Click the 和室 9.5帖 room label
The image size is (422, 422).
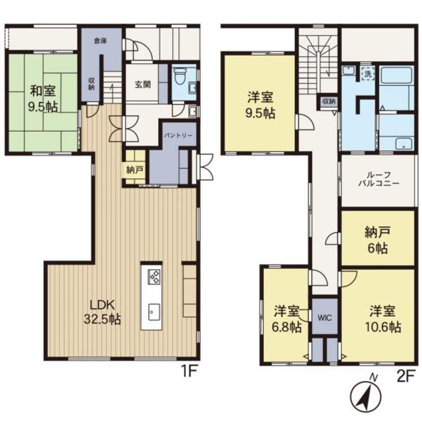tap(43, 99)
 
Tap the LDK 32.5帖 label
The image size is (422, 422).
tap(102, 312)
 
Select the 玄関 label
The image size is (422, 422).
tap(143, 85)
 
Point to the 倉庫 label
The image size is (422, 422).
tap(100, 41)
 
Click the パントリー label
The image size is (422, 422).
tap(178, 136)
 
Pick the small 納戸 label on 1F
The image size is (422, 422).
tap(134, 170)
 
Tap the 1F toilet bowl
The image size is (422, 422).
tap(179, 75)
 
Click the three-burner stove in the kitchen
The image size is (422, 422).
tap(154, 276)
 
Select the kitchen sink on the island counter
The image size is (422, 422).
tap(154, 312)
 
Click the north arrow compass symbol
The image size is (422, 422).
tap(366, 395)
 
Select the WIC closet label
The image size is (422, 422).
tap(325, 318)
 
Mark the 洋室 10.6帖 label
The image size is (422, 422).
tap(383, 319)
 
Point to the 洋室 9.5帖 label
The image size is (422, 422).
tap(261, 106)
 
